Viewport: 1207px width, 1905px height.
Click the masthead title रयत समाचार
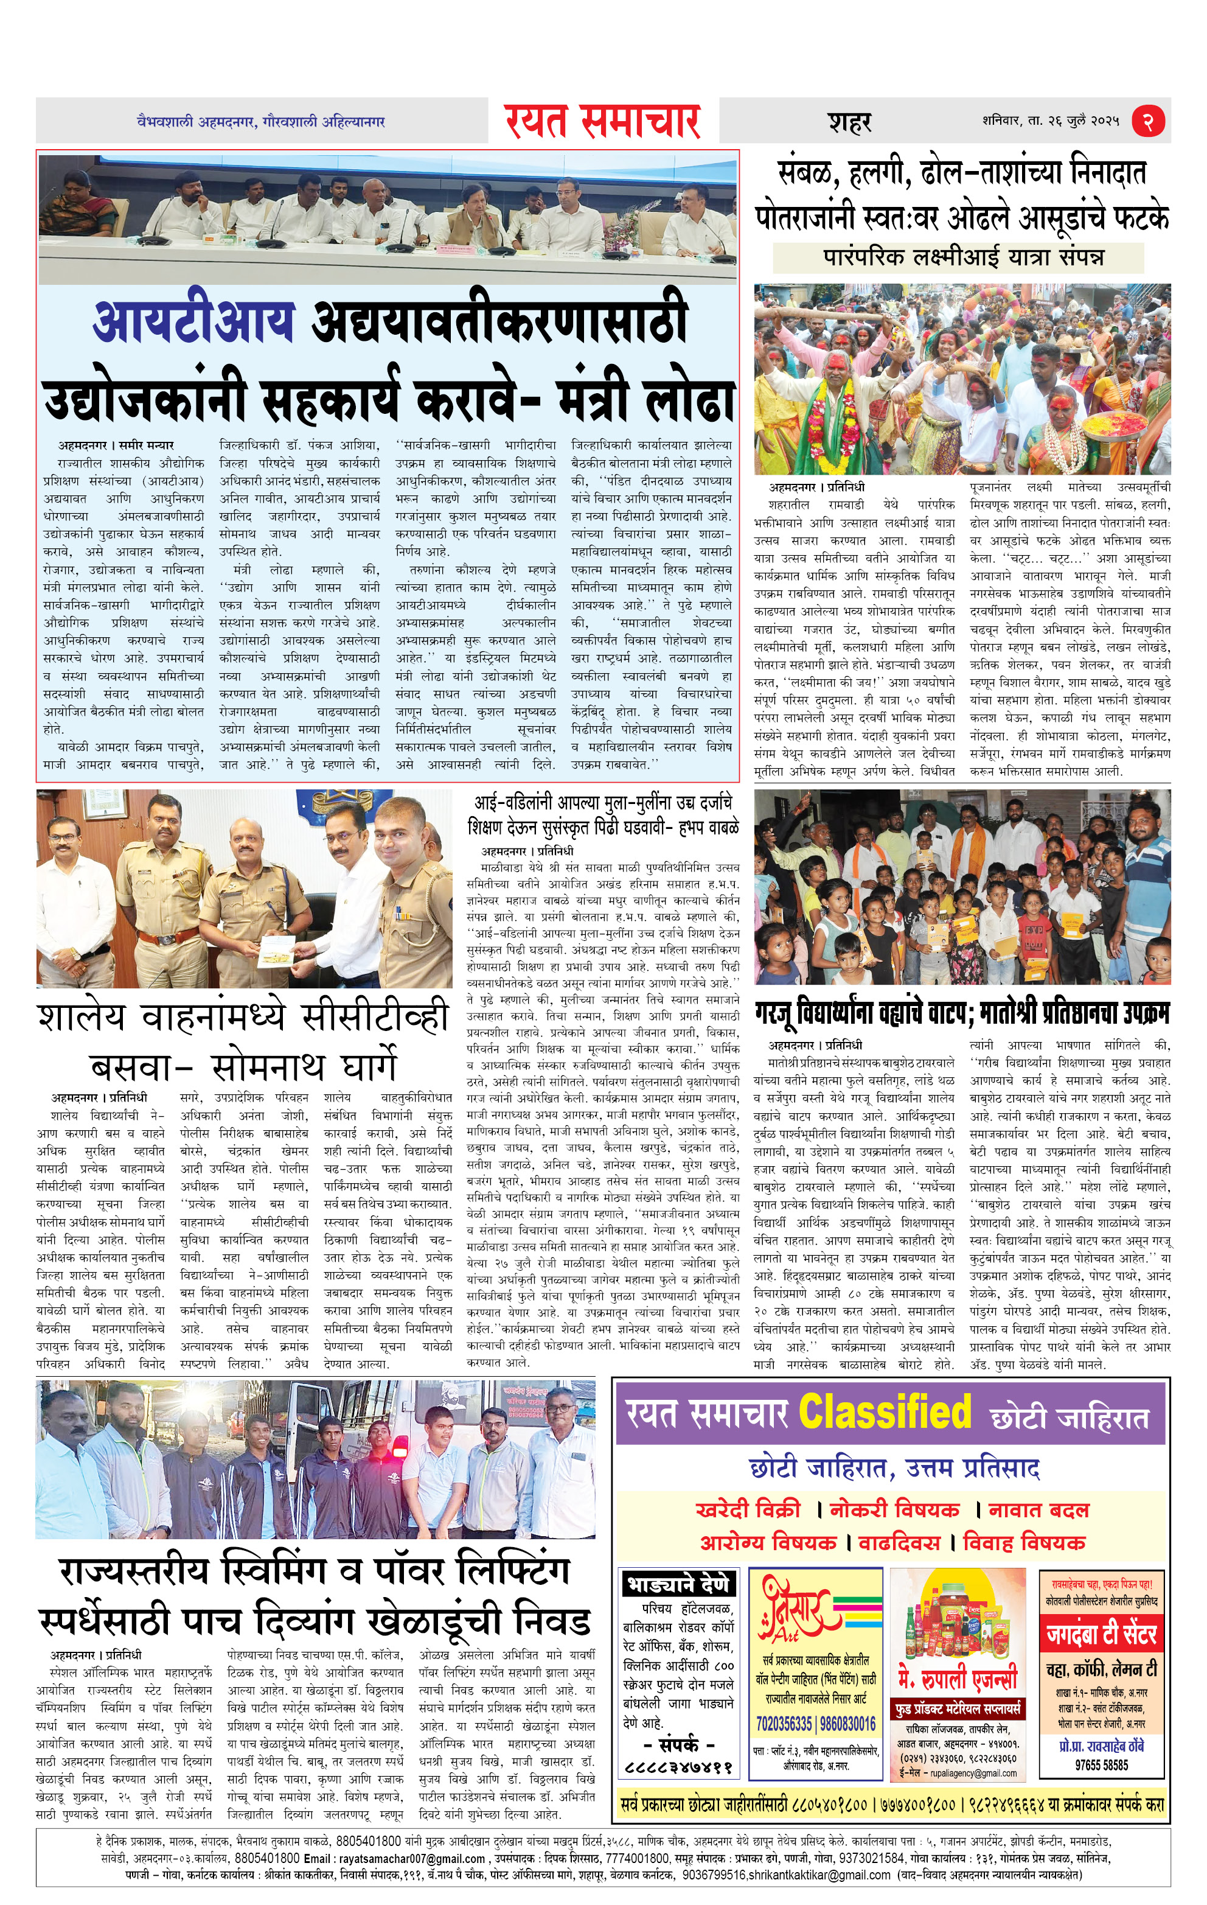click(x=603, y=122)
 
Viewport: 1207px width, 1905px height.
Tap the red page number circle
click(x=1149, y=121)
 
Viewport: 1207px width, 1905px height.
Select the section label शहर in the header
click(x=849, y=122)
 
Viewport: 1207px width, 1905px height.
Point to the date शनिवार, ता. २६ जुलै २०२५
click(x=1051, y=121)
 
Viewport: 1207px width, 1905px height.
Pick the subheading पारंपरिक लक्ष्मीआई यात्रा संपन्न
click(x=964, y=257)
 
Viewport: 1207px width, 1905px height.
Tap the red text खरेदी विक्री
click(x=748, y=1509)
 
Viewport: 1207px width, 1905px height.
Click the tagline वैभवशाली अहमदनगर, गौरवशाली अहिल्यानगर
click(x=261, y=122)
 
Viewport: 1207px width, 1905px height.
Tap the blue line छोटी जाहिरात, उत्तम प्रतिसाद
click(x=894, y=1468)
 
